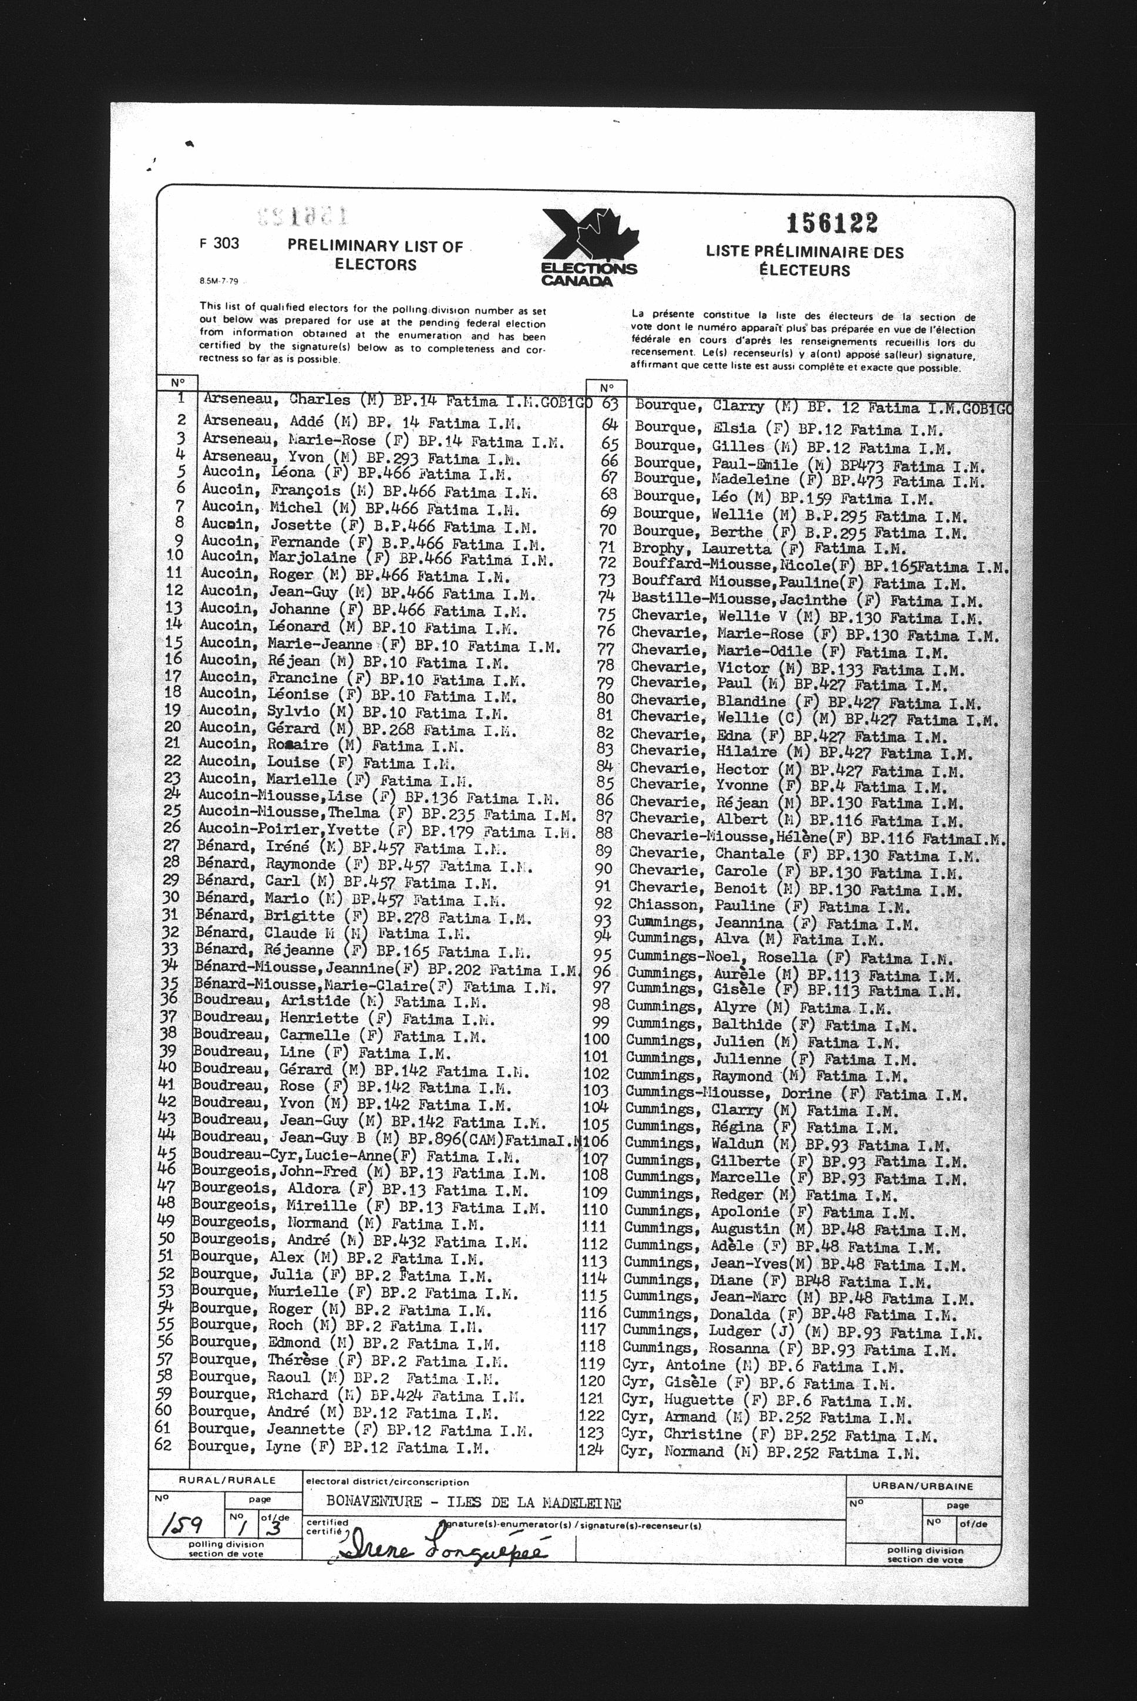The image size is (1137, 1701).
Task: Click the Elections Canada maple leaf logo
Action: coord(590,247)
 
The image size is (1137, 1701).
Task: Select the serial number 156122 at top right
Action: coord(832,223)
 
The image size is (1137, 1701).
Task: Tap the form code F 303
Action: coord(219,244)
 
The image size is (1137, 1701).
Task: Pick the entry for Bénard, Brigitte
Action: coord(362,917)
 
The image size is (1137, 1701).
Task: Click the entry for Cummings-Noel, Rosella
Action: coord(790,958)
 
